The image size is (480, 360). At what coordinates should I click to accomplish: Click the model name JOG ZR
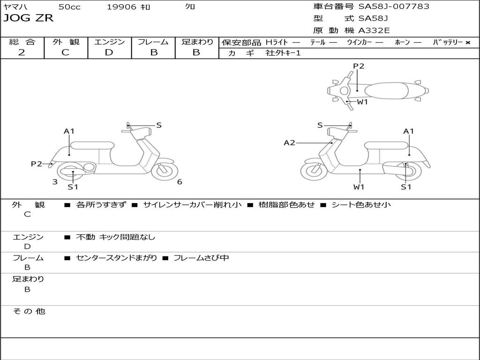coord(29,18)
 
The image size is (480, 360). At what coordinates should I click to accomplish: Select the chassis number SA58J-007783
coord(394,7)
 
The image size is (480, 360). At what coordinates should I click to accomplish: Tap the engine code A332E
coord(374,30)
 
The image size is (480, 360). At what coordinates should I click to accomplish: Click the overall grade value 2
coord(22,52)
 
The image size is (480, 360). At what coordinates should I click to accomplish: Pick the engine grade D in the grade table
coord(109,52)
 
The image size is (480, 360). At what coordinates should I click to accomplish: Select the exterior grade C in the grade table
coord(65,52)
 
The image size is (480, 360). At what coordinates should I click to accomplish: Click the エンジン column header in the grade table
coord(109,42)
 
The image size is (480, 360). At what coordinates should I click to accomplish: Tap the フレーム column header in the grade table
coord(153,42)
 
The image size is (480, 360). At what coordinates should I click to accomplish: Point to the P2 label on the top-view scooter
coord(359,66)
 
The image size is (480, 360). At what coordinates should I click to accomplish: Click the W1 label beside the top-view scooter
coord(362,102)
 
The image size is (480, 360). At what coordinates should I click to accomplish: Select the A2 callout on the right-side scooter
coord(289,143)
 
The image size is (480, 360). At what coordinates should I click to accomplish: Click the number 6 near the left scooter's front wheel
coord(180,182)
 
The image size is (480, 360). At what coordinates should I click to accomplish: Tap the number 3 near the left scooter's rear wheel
coord(55,182)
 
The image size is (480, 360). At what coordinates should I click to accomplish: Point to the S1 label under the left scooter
coord(73,187)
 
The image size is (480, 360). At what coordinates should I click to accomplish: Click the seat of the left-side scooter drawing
coord(92,145)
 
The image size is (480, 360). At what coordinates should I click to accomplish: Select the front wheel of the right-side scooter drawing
coord(313,171)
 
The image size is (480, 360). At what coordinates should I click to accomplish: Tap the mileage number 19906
coord(121,7)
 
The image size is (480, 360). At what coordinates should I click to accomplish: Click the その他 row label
coord(29,311)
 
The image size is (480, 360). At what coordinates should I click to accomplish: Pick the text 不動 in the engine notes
coord(85,237)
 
